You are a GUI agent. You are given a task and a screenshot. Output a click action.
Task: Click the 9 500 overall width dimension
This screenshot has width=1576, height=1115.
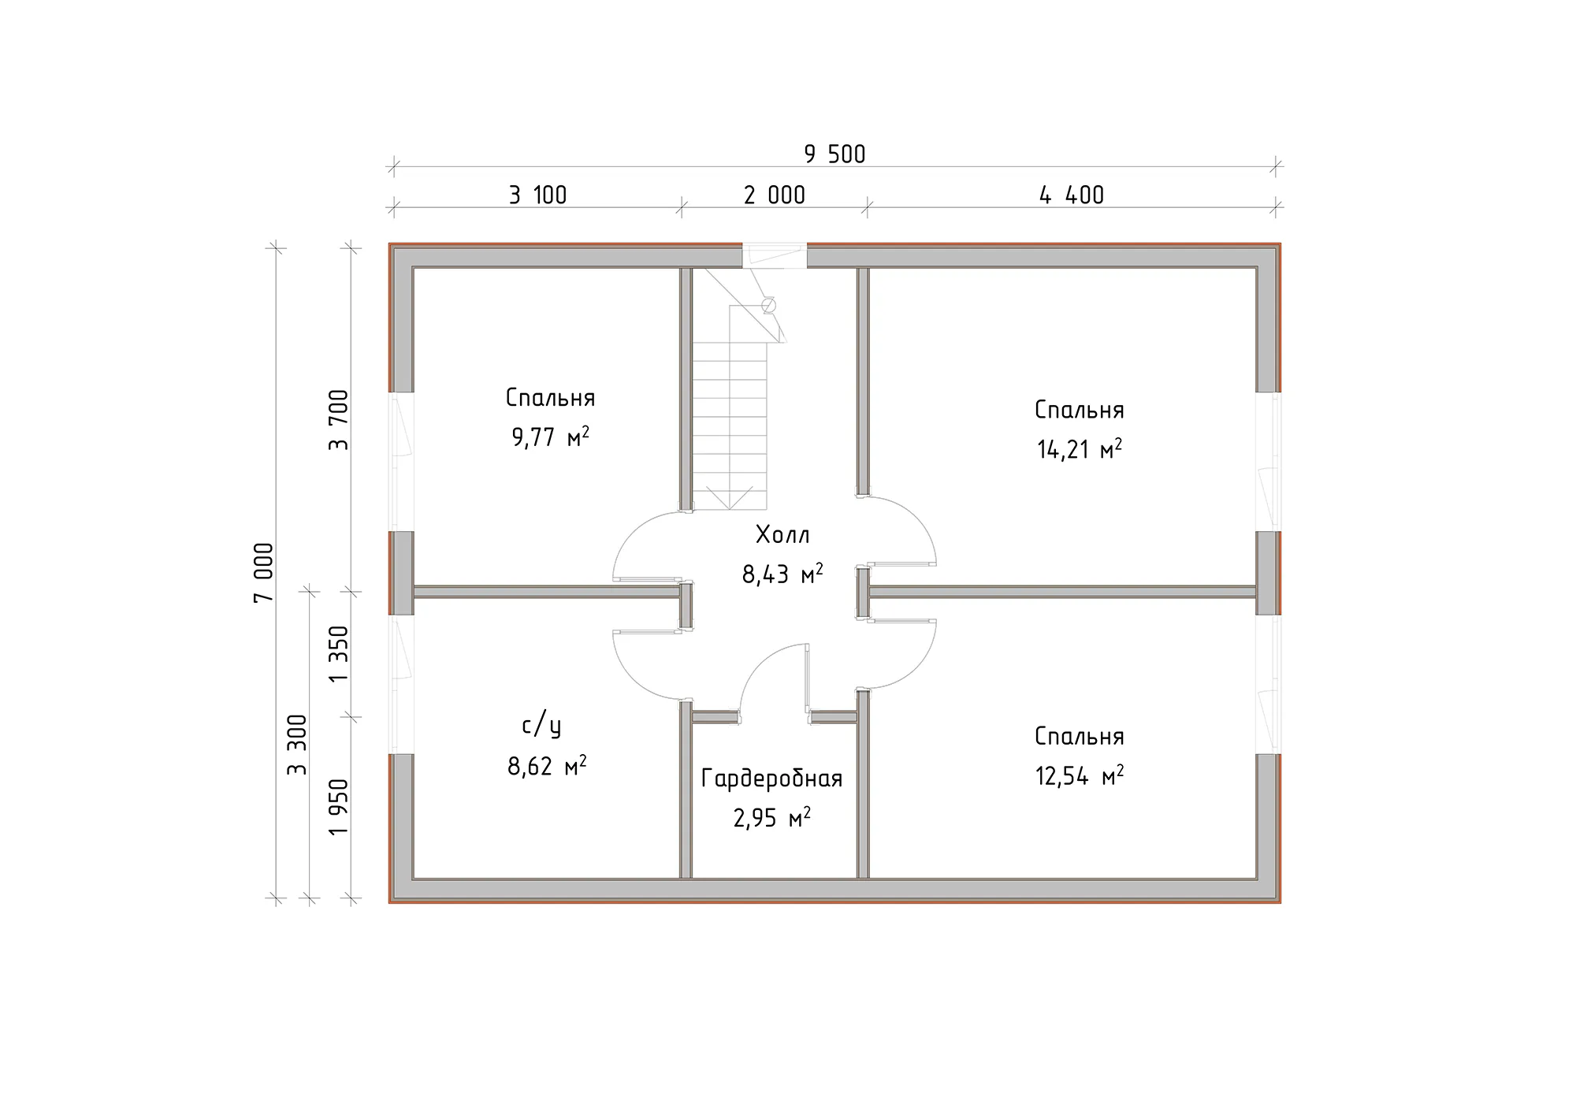tap(834, 154)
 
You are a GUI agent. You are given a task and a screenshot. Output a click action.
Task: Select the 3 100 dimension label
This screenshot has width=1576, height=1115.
tap(537, 195)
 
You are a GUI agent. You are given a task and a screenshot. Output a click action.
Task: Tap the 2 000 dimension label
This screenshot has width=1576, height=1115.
tap(775, 195)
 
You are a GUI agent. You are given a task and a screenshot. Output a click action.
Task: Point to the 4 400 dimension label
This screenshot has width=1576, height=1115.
tap(1071, 195)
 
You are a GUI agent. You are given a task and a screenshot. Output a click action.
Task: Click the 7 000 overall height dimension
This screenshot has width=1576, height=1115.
tap(264, 572)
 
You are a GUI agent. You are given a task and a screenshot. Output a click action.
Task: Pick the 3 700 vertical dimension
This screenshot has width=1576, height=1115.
tap(338, 420)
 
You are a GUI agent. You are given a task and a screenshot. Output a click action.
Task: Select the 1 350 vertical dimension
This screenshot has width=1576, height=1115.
tap(338, 655)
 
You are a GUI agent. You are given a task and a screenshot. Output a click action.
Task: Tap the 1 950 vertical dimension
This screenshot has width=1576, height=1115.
tap(338, 808)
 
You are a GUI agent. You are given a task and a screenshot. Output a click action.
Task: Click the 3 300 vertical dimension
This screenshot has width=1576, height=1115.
tap(297, 745)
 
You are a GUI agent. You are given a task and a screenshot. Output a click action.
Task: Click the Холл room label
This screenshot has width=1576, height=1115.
tap(782, 535)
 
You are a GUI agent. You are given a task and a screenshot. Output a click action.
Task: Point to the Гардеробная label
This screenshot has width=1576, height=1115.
tap(772, 779)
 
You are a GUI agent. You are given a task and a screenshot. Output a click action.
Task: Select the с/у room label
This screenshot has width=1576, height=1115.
tap(542, 726)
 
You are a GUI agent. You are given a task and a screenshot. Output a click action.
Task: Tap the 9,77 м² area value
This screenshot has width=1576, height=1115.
tap(551, 437)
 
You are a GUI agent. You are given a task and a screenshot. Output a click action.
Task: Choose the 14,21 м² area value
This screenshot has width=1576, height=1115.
tap(1080, 450)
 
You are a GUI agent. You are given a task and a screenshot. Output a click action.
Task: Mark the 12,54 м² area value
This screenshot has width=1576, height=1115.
tap(1080, 777)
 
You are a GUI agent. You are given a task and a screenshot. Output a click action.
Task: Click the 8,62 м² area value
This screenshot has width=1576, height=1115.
tap(547, 766)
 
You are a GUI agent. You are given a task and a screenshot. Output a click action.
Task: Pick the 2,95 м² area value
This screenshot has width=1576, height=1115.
tap(772, 819)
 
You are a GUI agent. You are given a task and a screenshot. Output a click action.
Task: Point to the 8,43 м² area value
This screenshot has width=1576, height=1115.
tap(782, 574)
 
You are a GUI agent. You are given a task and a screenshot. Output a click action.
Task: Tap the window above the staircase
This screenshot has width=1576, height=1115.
tap(775, 256)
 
